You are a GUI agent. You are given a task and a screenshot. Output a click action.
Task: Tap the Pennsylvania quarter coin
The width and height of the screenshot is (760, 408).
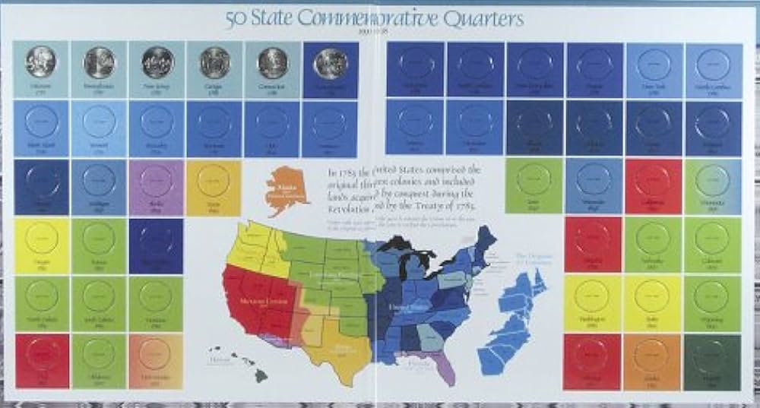tap(99, 62)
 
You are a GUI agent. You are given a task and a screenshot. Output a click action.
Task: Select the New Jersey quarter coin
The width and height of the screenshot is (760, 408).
tap(157, 62)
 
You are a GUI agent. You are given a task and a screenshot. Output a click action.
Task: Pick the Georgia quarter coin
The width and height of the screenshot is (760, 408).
tap(214, 62)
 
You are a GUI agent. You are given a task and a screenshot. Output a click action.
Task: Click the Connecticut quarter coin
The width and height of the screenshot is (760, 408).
tap(273, 63)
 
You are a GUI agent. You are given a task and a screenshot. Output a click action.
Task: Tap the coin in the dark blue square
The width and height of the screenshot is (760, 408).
tap(330, 64)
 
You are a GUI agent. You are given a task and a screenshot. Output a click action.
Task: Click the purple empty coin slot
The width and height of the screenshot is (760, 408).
tap(157, 182)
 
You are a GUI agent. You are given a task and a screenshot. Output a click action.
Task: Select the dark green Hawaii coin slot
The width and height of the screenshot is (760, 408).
tap(713, 357)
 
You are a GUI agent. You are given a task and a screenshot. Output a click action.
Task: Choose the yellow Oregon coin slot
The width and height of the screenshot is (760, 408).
tap(41, 239)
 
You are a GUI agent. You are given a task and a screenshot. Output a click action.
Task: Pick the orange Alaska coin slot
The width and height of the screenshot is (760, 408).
tap(654, 356)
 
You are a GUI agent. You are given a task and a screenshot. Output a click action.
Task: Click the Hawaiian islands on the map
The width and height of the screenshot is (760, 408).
tap(242, 364)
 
